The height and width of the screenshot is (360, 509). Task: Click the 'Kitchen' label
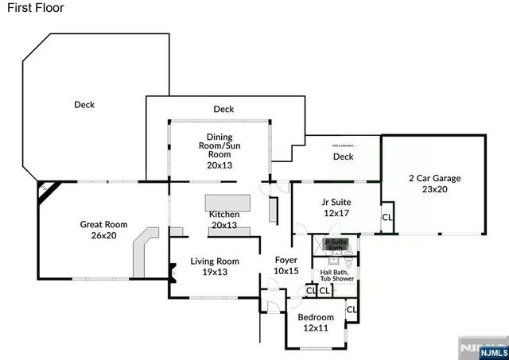[223, 215]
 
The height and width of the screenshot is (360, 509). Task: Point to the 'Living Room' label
[215, 261]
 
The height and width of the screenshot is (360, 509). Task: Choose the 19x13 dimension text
[215, 272]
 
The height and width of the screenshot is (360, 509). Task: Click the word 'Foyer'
[286, 260]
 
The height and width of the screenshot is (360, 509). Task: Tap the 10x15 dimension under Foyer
[286, 271]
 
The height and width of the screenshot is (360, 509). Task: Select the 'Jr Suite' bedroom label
[336, 202]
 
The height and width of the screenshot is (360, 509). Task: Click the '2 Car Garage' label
[434, 178]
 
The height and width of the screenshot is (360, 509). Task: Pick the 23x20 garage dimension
[434, 190]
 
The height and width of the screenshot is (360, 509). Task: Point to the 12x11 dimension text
[315, 329]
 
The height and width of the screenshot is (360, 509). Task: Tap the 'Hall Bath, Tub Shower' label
[336, 275]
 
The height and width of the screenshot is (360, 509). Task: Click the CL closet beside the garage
[387, 216]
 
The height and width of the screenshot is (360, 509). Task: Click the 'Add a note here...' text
[344, 145]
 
